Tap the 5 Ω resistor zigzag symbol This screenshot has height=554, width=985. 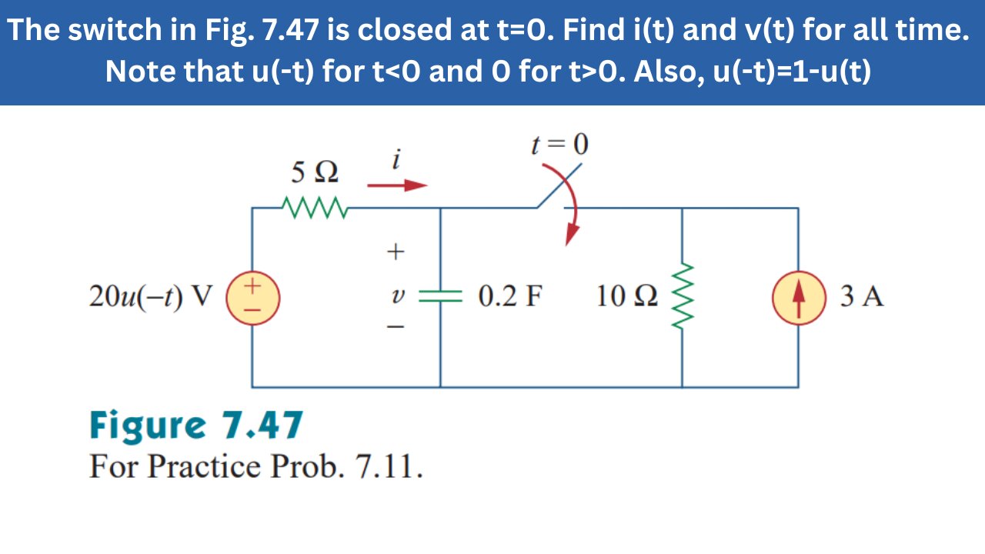click(316, 207)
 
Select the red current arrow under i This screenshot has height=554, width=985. click(397, 185)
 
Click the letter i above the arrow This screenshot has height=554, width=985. click(396, 160)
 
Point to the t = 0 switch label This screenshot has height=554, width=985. click(559, 144)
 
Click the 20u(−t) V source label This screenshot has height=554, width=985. click(150, 296)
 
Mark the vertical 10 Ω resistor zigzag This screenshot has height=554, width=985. click(682, 297)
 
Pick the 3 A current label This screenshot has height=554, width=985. click(862, 296)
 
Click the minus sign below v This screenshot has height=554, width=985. click(396, 328)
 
